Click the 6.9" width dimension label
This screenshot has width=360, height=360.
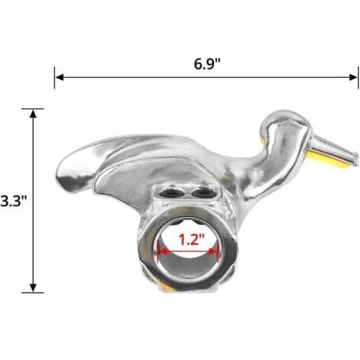click(x=207, y=64)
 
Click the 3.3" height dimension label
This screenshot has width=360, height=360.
click(x=14, y=201)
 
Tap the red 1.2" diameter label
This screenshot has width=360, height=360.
click(x=191, y=239)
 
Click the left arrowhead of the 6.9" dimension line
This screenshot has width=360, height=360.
click(x=59, y=77)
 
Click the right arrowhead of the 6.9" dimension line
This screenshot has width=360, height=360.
click(x=353, y=77)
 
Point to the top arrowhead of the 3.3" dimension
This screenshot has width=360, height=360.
click(x=33, y=114)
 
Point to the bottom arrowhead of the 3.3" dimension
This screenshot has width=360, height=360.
click(x=33, y=288)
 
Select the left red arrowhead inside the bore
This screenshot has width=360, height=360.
click(x=163, y=252)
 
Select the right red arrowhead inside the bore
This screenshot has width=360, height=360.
click(x=213, y=252)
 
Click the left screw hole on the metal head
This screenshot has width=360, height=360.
click(x=172, y=194)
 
